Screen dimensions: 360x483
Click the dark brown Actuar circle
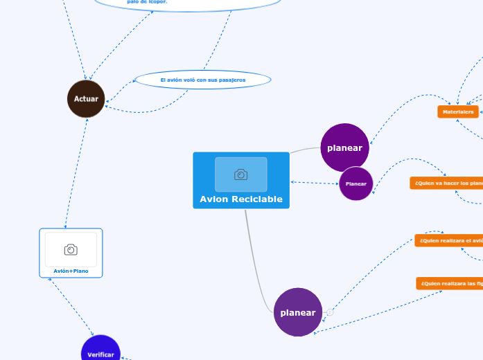point(86,99)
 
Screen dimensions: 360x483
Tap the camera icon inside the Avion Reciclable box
point(240,174)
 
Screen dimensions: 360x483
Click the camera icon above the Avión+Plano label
point(71,249)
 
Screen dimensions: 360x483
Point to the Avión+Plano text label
point(71,271)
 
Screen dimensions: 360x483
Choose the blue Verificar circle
point(100,353)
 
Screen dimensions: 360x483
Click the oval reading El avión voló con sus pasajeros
point(202,80)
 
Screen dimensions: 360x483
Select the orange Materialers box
point(458,111)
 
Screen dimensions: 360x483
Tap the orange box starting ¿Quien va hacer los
point(447,183)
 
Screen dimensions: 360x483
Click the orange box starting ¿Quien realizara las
point(450,283)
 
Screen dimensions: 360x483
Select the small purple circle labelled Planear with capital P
point(356,183)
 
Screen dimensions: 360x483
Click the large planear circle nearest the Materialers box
point(344,147)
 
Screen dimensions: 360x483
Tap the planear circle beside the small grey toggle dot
point(298,312)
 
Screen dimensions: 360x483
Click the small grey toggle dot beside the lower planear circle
point(330,312)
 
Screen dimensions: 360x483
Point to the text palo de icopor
point(147,2)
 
